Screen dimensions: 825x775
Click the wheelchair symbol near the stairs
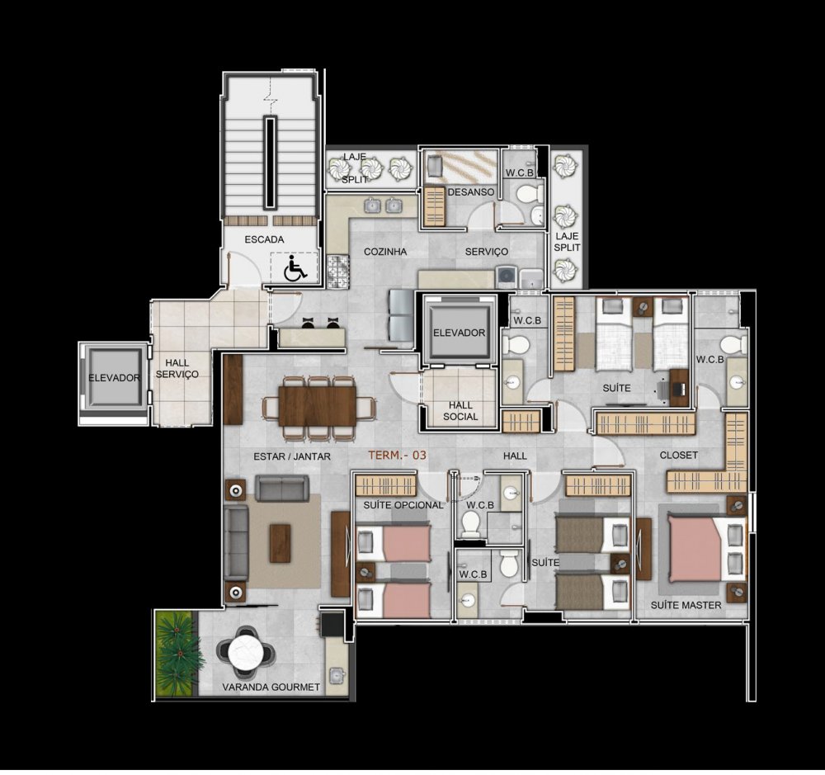pos(295,268)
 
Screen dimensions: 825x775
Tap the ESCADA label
pos(264,239)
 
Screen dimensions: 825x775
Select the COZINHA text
pos(385,252)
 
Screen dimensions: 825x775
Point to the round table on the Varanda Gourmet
pos(246,652)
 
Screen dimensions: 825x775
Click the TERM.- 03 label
pos(397,456)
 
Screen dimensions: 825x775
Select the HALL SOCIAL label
pos(460,411)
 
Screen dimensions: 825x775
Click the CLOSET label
pos(679,455)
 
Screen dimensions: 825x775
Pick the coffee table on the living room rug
pos(280,543)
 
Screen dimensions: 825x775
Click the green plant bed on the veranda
pos(177,653)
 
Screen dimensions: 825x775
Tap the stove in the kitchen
pos(337,272)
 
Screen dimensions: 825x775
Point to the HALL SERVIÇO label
pos(177,369)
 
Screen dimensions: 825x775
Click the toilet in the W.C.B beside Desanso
pos(528,194)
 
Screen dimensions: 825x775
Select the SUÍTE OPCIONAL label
pos(403,505)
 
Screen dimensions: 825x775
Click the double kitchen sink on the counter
pos(383,206)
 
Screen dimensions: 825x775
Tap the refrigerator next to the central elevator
pos(401,314)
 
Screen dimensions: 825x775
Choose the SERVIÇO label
pos(486,252)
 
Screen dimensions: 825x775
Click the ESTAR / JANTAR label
pos(292,456)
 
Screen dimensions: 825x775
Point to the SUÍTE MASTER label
pos(686,606)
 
